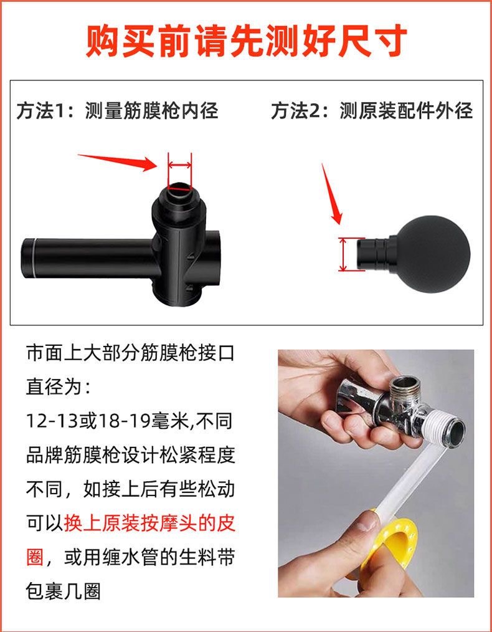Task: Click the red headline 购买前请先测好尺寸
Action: click(x=246, y=42)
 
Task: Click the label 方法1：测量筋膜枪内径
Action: click(x=118, y=111)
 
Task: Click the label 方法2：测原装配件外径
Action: click(x=372, y=111)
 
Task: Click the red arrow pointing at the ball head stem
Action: click(x=331, y=193)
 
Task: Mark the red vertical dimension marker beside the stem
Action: click(x=343, y=254)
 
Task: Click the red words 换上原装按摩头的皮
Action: click(x=149, y=522)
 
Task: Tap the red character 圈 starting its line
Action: click(x=35, y=556)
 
